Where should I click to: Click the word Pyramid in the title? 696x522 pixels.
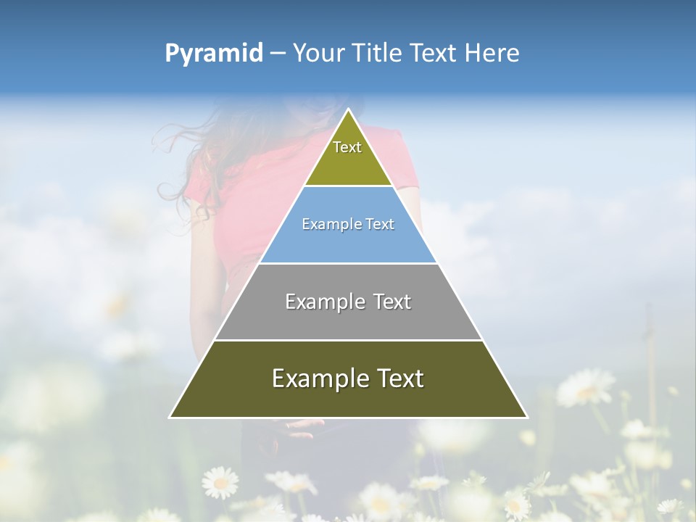point(214,54)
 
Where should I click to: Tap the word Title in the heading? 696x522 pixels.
point(378,54)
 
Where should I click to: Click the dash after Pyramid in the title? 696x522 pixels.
point(277,54)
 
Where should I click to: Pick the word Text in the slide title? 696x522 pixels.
point(434,54)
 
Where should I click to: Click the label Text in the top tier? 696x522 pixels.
point(347,147)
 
